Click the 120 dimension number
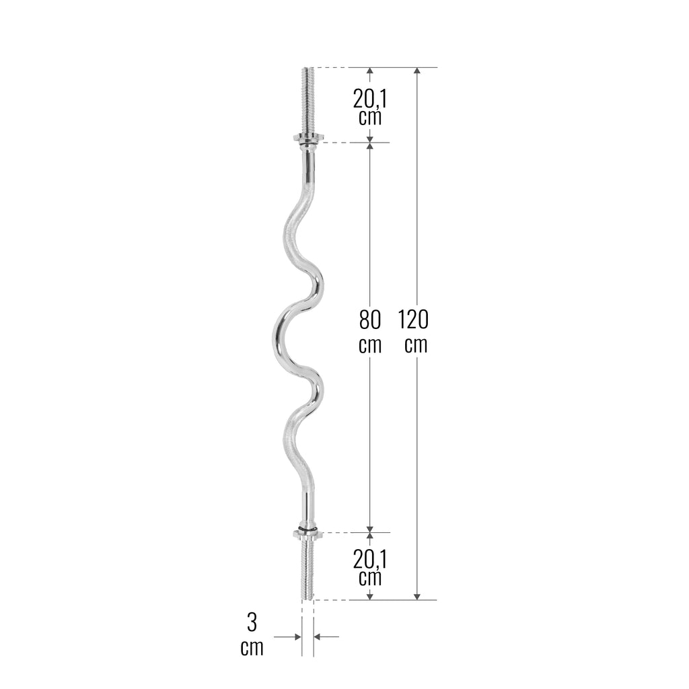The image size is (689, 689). coord(413,319)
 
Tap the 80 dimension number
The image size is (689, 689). coord(370,319)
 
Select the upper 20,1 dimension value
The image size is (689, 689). coord(370,99)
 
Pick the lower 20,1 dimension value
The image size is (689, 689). coord(370,559)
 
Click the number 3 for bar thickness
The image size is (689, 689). coord(252,622)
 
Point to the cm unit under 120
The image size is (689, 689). coord(416,345)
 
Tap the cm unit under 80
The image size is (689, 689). coord(370,345)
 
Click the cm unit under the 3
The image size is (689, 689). coord(252,649)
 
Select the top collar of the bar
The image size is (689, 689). coord(308,139)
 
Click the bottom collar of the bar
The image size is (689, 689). coord(308,534)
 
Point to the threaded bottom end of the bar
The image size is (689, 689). coord(307,569)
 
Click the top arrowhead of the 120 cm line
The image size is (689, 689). coord(417,71)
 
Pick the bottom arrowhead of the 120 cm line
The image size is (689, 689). coord(417,595)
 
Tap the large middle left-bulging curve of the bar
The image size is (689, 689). coord(278,333)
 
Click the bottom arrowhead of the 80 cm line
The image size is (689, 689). coord(370,528)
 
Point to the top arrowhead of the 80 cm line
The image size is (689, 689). coord(370,146)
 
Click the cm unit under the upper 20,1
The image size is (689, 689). coord(370,118)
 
